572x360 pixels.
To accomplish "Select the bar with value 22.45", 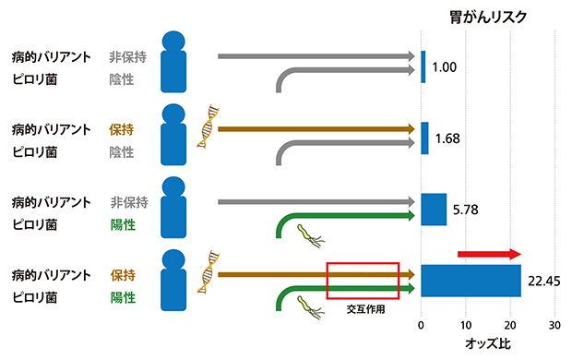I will pos(471,281).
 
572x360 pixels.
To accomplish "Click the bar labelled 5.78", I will pos(434,210).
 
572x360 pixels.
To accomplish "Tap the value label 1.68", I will pos(447,138).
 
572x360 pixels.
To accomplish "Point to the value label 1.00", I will pos(445,67).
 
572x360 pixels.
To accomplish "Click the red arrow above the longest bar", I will pos(489,254).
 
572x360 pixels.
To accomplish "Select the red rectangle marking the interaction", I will pos(363,281).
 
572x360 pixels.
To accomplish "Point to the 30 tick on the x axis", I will pos(554,326).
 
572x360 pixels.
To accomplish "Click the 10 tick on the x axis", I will pos(466,326).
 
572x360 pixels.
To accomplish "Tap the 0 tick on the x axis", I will pos(422,326).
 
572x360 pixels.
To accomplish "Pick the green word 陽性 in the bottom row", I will pos(123,298).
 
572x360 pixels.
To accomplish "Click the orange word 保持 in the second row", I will pos(123,130).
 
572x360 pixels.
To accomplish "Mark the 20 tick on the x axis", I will pos(510,326).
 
